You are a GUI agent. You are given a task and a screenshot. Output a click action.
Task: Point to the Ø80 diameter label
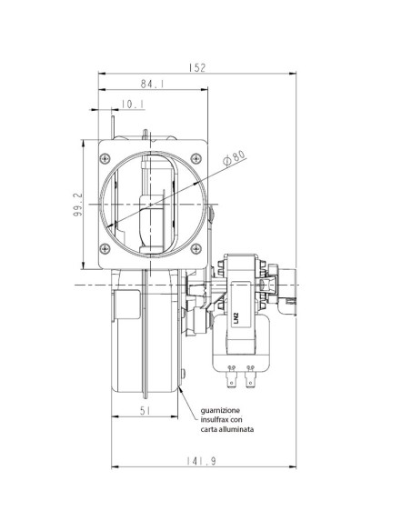pyautogui.click(x=236, y=157)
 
